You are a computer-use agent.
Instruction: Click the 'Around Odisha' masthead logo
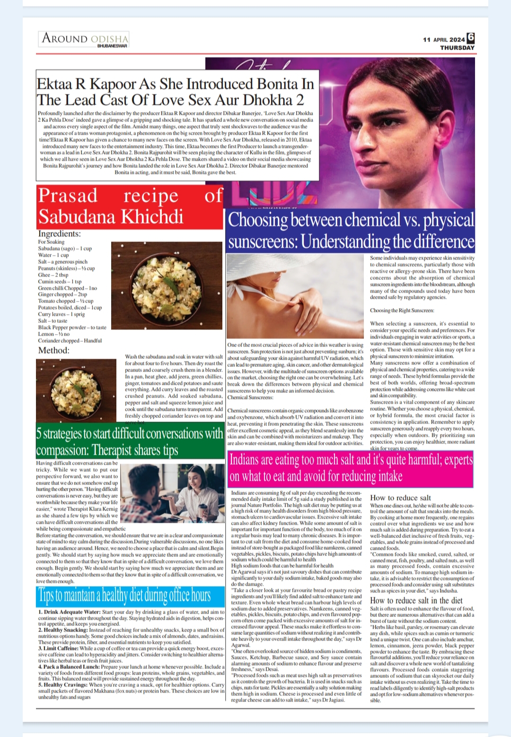(x=85, y=39)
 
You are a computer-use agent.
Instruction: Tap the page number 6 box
(x=470, y=38)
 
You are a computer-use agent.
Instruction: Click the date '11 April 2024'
(x=444, y=40)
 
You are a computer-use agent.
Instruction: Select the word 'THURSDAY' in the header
(x=457, y=48)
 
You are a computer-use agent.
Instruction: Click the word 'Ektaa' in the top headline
(x=55, y=84)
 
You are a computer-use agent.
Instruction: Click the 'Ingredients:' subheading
(x=59, y=234)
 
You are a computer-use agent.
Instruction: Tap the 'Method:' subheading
(x=53, y=350)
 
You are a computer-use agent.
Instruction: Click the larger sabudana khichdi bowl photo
(x=167, y=286)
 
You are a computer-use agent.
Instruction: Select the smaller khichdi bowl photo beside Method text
(x=76, y=390)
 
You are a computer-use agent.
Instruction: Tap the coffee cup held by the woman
(x=203, y=511)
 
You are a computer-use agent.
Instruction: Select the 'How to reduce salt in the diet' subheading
(x=416, y=600)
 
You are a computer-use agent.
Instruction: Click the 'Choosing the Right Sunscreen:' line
(x=402, y=311)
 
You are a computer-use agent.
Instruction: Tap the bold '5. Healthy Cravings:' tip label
(x=63, y=685)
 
